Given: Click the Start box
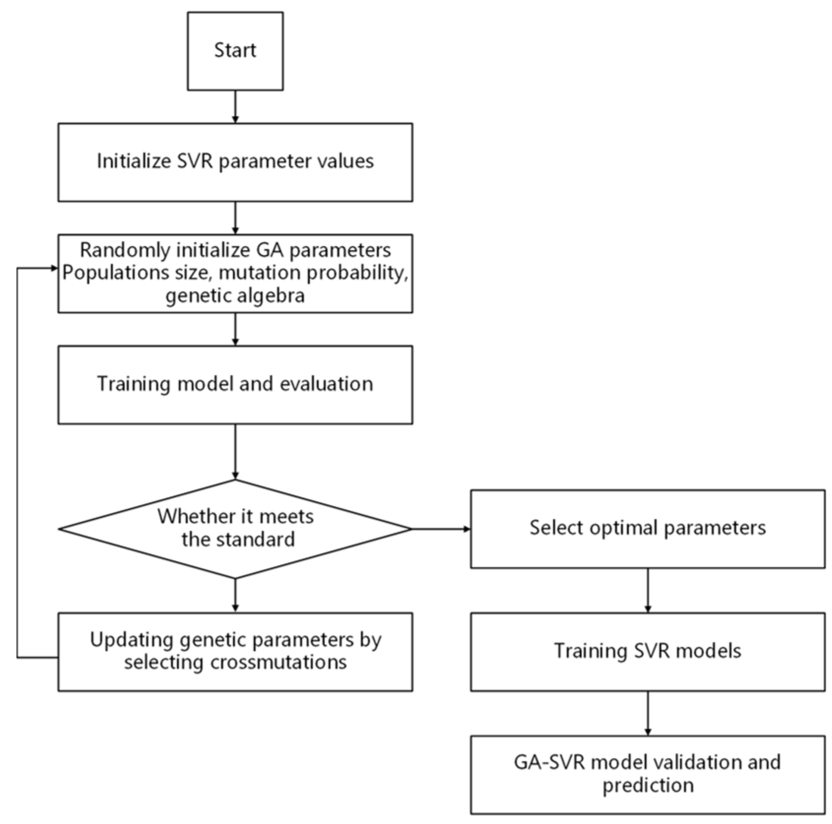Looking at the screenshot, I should (x=235, y=51).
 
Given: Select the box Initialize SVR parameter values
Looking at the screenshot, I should (x=235, y=162).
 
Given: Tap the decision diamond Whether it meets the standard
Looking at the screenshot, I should (x=235, y=529).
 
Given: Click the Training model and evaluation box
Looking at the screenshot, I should (x=235, y=384).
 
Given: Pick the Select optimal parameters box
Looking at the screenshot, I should (x=647, y=529).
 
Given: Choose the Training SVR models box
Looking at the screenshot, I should (x=647, y=651).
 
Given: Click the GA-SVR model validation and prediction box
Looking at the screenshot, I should (x=647, y=774).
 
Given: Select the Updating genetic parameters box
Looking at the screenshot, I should (x=235, y=651).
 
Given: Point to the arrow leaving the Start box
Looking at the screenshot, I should (x=235, y=106).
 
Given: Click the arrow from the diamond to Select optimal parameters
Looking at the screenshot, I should (x=441, y=529).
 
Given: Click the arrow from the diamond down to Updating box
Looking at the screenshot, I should (x=235, y=595).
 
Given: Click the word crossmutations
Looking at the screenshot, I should (x=279, y=662).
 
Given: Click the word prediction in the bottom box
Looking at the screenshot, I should (x=648, y=785).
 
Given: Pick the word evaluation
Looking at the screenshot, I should (x=326, y=384).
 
